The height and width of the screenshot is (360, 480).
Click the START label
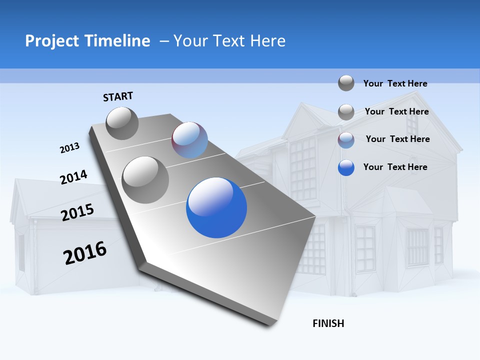click(118, 96)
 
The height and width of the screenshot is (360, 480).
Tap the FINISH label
click(328, 323)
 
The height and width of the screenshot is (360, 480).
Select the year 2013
click(70, 148)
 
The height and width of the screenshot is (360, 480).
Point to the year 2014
click(73, 177)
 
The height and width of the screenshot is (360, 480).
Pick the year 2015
click(77, 212)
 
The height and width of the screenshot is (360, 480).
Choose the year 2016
click(85, 253)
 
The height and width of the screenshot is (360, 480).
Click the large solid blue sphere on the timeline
click(216, 208)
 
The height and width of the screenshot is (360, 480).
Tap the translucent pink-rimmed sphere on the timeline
click(190, 140)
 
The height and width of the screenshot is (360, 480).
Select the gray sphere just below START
click(122, 123)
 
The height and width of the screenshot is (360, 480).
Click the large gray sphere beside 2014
click(145, 180)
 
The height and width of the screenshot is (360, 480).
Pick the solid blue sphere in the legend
click(346, 167)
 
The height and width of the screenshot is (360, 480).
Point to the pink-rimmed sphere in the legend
click(346, 140)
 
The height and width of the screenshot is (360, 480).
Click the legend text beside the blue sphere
click(395, 167)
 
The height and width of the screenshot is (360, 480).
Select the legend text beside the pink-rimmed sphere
click(397, 139)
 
